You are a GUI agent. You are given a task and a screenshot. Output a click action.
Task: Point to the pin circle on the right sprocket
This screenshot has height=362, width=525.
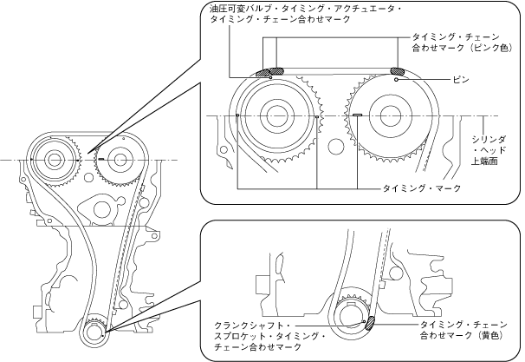coord(396,79)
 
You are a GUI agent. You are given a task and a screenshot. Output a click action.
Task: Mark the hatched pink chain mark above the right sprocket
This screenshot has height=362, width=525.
coord(399,71)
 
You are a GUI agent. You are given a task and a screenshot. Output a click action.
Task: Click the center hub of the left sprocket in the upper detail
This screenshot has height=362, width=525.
coord(276,115)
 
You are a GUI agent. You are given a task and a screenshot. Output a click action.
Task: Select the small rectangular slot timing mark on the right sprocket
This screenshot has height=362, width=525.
coord(357,115)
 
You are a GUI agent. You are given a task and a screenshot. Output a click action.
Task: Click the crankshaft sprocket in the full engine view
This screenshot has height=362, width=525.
coord(95,331)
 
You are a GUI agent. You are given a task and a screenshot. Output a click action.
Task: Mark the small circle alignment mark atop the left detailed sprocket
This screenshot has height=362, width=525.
coord(271,78)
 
